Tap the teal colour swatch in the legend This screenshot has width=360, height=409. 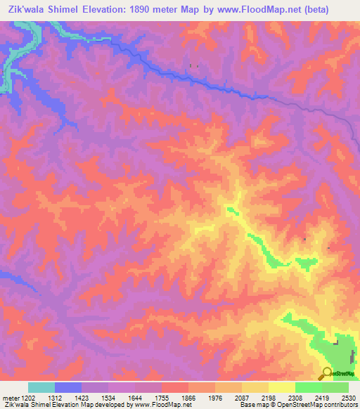(41, 387)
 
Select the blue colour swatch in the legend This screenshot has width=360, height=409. (67, 387)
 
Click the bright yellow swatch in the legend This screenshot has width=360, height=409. (282, 387)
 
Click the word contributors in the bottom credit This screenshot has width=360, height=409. (336, 405)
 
